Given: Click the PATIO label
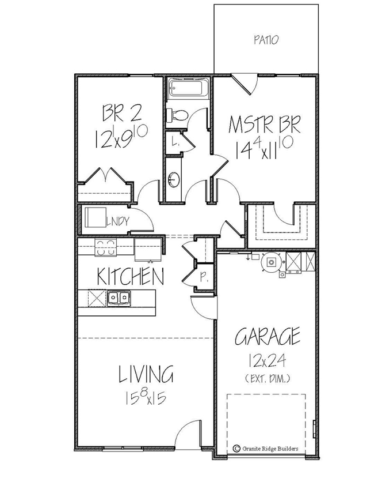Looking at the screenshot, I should click(266, 40).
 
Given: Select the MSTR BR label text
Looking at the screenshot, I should click(264, 125).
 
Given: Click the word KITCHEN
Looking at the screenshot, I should click(130, 276).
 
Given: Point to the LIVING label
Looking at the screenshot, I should click(146, 375).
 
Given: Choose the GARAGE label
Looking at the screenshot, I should click(268, 336).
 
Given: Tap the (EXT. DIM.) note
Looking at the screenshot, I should click(267, 378).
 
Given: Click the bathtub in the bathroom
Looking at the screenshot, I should click(189, 89).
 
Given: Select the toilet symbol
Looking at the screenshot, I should click(175, 115).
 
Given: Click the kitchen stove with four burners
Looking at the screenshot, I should click(105, 249).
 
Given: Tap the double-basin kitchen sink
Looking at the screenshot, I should click(119, 297).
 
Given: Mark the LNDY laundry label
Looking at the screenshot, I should click(119, 219).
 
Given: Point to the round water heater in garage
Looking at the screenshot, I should click(270, 262).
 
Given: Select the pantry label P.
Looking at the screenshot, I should click(203, 276).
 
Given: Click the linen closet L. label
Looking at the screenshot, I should click(175, 141).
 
